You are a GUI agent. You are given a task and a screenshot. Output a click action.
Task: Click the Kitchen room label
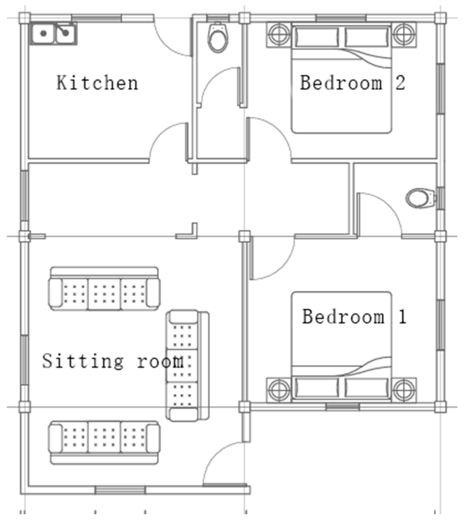pyautogui.click(x=97, y=83)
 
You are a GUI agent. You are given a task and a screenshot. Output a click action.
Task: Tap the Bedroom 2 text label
pyautogui.click(x=353, y=83)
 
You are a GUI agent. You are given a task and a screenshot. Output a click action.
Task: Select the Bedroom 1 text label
pyautogui.click(x=354, y=317)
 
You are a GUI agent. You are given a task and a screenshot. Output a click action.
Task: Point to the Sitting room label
pyautogui.click(x=113, y=361)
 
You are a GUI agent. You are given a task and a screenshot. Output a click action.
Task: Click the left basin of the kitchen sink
pyautogui.click(x=43, y=34)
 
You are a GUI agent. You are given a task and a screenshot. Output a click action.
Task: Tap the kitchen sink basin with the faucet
pyautogui.click(x=66, y=34)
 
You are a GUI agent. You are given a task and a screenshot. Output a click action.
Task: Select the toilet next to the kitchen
pyautogui.click(x=217, y=37)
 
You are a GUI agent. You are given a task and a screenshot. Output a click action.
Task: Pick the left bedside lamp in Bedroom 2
pyautogui.click(x=279, y=34)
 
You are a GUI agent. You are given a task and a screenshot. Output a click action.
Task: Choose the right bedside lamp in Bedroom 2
pyautogui.click(x=404, y=34)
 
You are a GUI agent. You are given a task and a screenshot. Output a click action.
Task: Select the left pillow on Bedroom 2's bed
pyautogui.click(x=317, y=37)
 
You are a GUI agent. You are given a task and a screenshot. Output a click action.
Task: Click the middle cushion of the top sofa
pyautogui.click(x=104, y=294)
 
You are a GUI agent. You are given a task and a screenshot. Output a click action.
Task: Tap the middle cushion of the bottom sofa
pyautogui.click(x=104, y=437)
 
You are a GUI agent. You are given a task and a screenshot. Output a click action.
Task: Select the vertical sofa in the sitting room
pyautogui.click(x=187, y=365)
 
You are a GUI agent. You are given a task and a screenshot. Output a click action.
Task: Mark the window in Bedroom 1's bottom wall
pyautogui.click(x=343, y=407)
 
